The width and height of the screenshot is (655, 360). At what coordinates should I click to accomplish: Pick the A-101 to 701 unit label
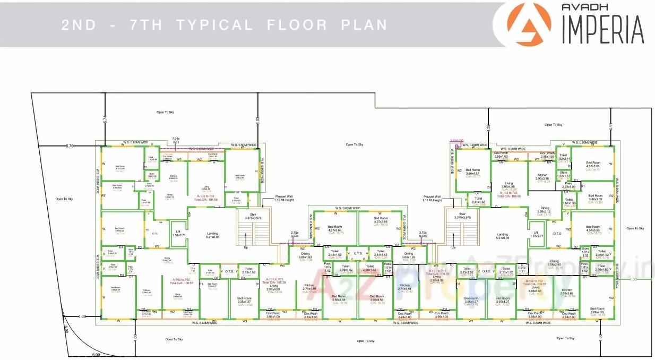[x=273, y=280]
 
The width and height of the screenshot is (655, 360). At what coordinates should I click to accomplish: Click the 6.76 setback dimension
[x=69, y=145]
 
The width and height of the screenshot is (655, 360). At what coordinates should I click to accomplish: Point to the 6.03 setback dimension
[x=257, y=119]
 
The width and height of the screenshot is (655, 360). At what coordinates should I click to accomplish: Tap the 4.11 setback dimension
[x=610, y=126]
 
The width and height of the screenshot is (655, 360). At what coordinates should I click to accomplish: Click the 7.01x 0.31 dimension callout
[x=176, y=141]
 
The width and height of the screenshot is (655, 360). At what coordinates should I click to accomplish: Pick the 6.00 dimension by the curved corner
[x=96, y=355]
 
